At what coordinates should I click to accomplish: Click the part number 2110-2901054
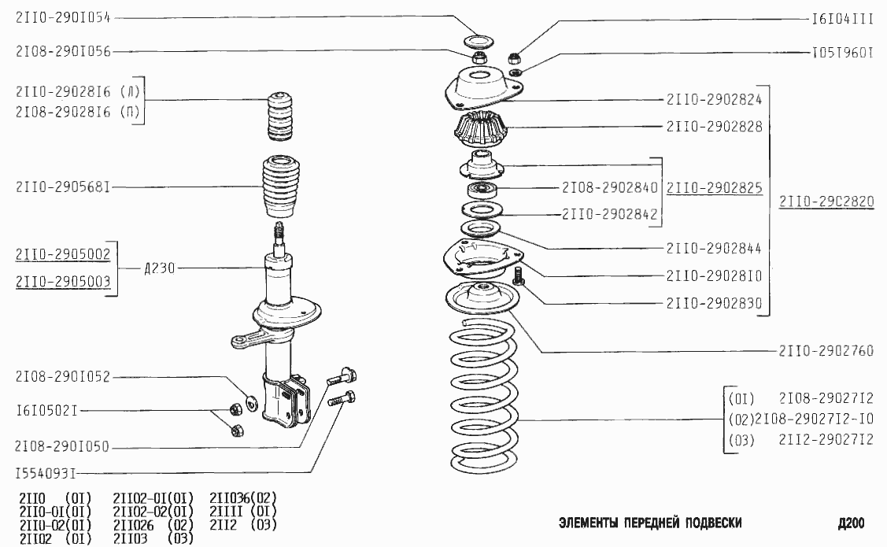62,17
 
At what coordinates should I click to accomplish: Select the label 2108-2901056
62,52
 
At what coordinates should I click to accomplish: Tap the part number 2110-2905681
62,187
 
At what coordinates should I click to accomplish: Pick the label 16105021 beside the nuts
46,410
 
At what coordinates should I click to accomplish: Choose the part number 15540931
46,474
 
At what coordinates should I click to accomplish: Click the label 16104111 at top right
843,17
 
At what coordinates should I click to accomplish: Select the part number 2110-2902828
714,126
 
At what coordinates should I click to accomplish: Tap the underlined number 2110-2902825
714,188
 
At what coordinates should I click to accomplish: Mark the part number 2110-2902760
826,351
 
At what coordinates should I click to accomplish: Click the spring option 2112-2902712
826,441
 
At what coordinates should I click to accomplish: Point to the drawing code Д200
851,523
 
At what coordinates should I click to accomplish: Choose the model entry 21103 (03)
152,539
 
